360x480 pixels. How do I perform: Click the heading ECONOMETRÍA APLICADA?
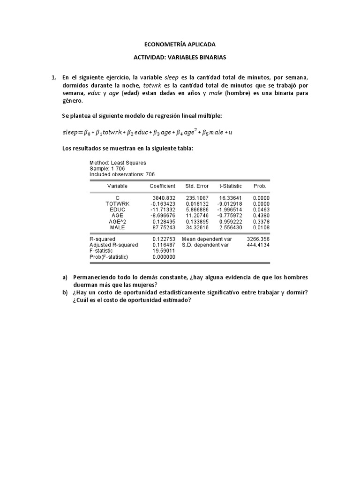(x=180, y=45)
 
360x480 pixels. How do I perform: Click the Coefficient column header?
(x=162, y=186)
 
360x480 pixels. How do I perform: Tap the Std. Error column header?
(x=197, y=186)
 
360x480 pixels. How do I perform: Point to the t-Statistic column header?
(x=231, y=186)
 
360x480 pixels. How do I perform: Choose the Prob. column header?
(x=260, y=186)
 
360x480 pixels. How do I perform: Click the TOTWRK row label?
(x=117, y=204)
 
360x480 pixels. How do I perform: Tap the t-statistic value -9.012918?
(x=230, y=204)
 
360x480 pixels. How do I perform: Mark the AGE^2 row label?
(x=117, y=221)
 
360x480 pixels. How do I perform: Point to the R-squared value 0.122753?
(x=164, y=239)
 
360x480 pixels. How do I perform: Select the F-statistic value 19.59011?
(x=164, y=251)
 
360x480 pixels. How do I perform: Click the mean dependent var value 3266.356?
(x=258, y=239)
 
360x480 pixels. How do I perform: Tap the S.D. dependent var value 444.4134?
(x=258, y=245)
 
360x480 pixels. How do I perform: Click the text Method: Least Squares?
(x=118, y=163)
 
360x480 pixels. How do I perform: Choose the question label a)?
(x=65, y=277)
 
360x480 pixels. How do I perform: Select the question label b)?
(x=65, y=292)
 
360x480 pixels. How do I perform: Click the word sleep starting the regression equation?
(x=71, y=133)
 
